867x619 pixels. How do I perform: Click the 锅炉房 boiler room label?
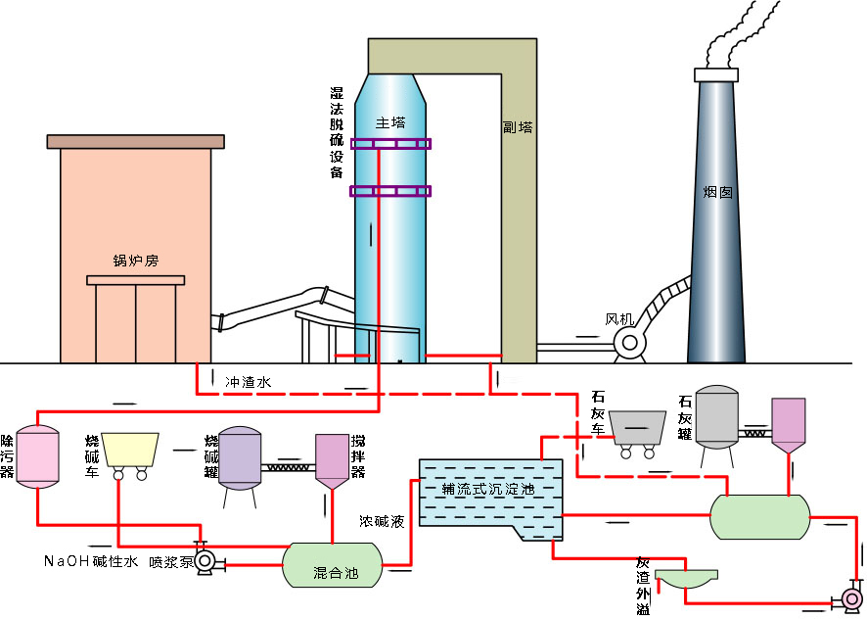(136, 261)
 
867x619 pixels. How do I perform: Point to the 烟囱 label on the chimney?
(717, 193)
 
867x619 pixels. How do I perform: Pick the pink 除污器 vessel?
(37, 455)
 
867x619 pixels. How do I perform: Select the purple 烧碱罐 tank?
(239, 457)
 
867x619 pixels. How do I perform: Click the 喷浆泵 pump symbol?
(206, 562)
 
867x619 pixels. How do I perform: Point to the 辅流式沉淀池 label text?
(488, 489)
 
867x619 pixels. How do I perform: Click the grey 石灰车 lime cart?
(635, 427)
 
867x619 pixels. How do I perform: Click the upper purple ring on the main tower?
(389, 145)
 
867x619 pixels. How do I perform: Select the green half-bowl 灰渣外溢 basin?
(685, 579)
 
